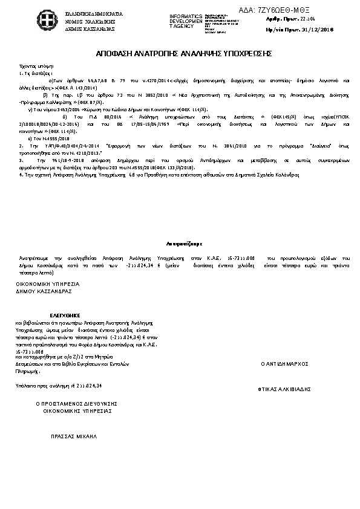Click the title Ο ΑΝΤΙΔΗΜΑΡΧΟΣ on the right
point(284,364)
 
